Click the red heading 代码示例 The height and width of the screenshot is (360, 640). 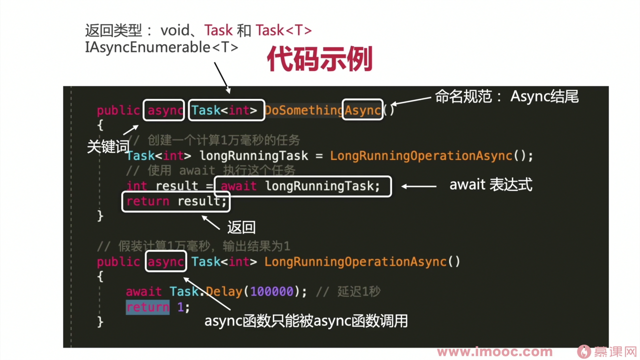[319, 58]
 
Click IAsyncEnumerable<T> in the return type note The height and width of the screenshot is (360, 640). [161, 47]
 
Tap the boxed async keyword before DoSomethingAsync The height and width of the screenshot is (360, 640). [163, 110]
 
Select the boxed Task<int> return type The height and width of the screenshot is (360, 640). [226, 110]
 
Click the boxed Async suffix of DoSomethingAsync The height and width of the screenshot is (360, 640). [362, 109]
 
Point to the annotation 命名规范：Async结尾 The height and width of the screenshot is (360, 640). [506, 96]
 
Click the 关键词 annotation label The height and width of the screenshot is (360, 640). [108, 146]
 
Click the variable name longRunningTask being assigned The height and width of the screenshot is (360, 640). [254, 156]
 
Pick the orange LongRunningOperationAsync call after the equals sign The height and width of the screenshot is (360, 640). [421, 156]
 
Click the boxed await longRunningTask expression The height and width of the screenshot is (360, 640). [303, 186]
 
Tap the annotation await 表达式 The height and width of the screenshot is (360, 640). [491, 184]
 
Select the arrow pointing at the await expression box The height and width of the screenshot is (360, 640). [419, 186]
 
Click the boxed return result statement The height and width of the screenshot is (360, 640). [176, 201]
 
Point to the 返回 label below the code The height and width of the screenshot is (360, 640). [241, 227]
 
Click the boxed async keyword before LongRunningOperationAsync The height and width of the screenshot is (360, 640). [166, 261]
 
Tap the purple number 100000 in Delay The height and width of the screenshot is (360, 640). [272, 291]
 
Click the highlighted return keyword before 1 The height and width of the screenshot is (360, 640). [147, 307]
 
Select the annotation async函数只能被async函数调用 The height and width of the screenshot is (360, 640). [306, 321]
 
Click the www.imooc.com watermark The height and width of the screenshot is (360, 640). [494, 352]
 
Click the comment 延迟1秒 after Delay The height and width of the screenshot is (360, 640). [359, 291]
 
